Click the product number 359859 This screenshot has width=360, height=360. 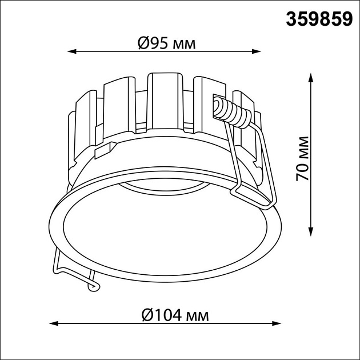pyautogui.click(x=319, y=19)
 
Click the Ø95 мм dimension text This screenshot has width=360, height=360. pyautogui.click(x=167, y=43)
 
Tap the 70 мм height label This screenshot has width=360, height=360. pyautogui.click(x=302, y=159)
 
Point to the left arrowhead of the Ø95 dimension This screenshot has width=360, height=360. pyautogui.click(x=71, y=51)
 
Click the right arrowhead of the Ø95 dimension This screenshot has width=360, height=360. pyautogui.click(x=257, y=51)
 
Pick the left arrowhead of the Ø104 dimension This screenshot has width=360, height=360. pyautogui.click(x=54, y=323)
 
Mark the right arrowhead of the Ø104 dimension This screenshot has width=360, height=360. pyautogui.click(x=277, y=323)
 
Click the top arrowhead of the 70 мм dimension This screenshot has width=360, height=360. pyautogui.click(x=311, y=78)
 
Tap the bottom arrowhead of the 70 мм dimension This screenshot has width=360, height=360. pyautogui.click(x=311, y=231)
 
